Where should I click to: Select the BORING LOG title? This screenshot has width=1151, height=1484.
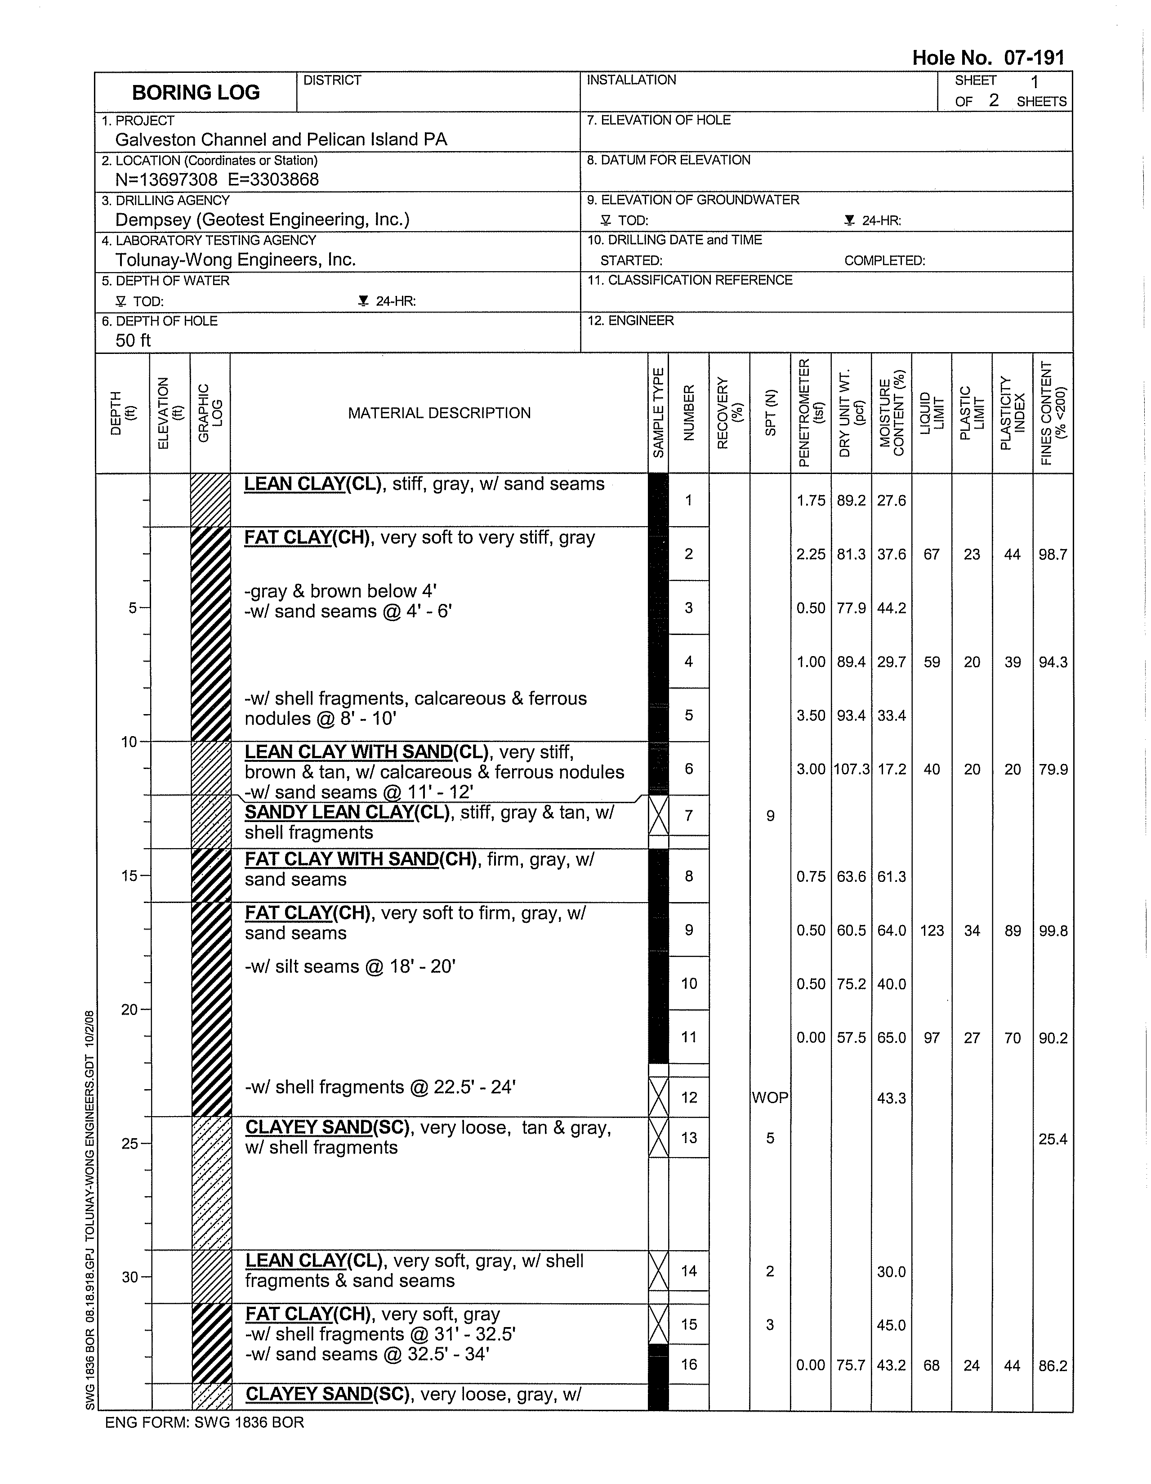tap(196, 92)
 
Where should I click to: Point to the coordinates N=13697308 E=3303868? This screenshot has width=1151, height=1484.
tap(217, 180)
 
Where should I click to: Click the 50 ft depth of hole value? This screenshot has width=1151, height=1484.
tap(133, 340)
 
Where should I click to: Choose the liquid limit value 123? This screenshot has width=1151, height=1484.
tap(932, 931)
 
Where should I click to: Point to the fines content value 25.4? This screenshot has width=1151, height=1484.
tap(1053, 1139)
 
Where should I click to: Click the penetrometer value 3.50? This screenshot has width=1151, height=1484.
tap(811, 715)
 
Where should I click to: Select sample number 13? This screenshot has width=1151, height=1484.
tap(689, 1138)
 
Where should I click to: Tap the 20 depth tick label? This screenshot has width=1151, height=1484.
tap(129, 1010)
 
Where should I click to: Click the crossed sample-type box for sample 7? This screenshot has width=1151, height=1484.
tap(658, 815)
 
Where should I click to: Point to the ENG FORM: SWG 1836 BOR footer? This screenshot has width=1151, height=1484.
tap(205, 1422)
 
